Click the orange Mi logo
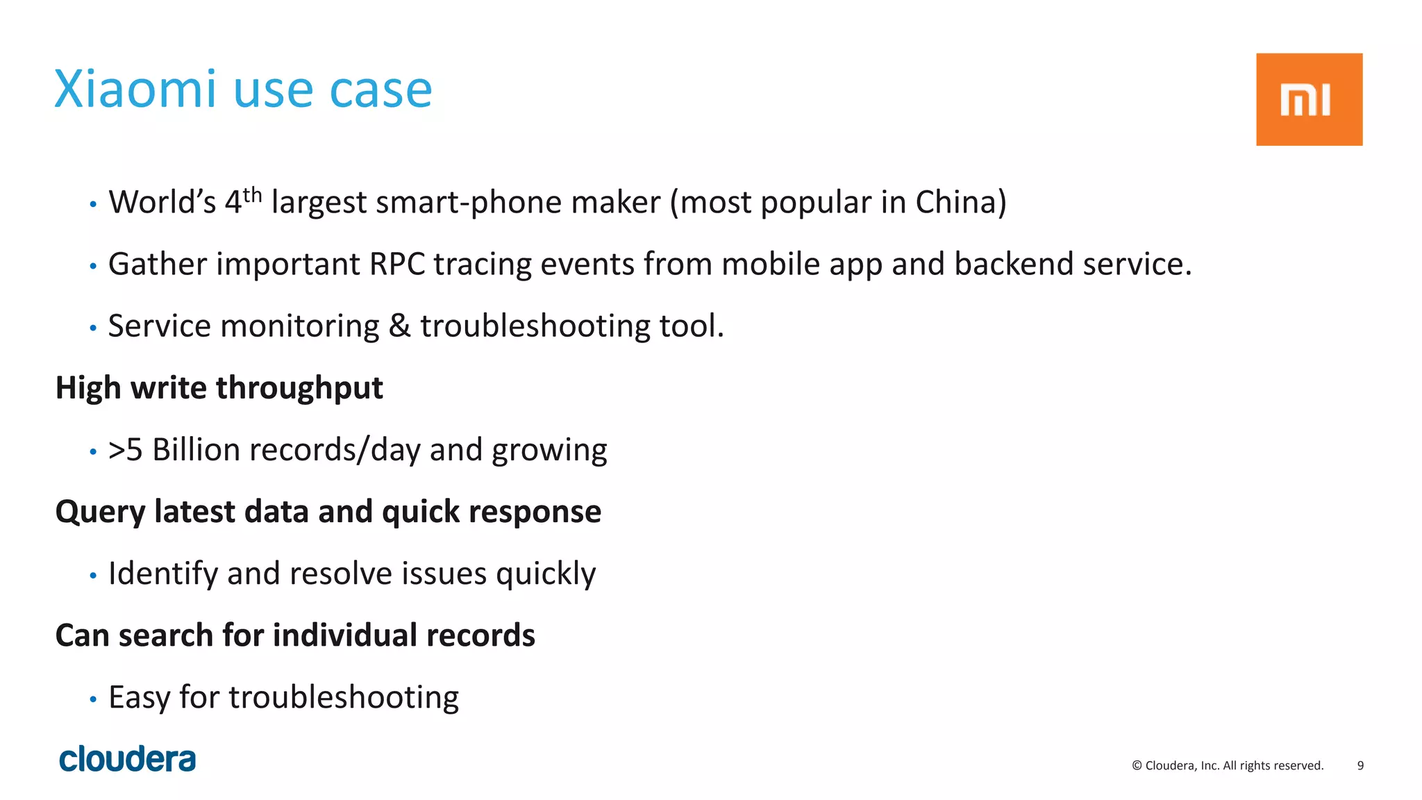[1308, 99]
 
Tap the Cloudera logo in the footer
[128, 759]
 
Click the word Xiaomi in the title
[135, 90]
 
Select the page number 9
[1360, 765]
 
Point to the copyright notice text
[1227, 765]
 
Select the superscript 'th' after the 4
[252, 194]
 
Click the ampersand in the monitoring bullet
[399, 326]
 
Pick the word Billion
[196, 449]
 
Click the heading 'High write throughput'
[219, 387]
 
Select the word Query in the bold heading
[100, 512]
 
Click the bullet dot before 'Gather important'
[93, 266]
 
